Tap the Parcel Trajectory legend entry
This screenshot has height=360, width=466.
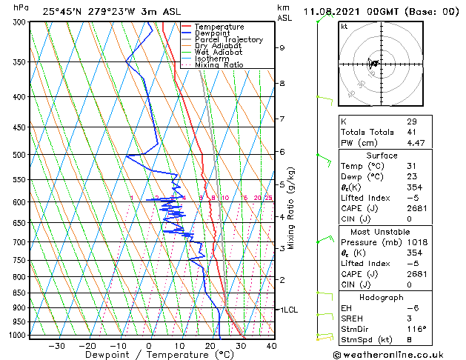click(x=228, y=40)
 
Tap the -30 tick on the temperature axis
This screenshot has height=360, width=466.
click(x=57, y=346)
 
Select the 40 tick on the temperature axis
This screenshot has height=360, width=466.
click(x=271, y=346)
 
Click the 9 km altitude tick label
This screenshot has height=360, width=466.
click(x=282, y=47)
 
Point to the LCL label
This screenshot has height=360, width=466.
click(x=288, y=310)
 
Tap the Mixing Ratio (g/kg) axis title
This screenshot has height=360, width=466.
click(x=292, y=208)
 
